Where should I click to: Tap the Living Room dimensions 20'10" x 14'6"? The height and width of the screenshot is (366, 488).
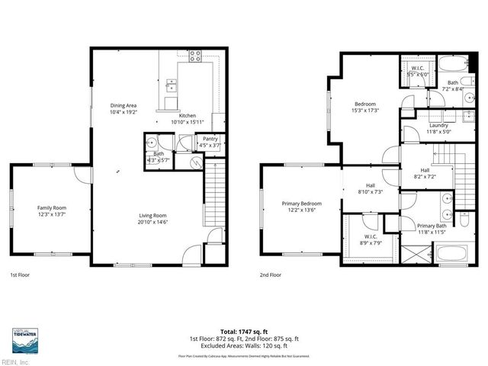(x=152, y=223)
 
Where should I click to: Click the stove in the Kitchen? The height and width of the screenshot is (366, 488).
(x=194, y=55)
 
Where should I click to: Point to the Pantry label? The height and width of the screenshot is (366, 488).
(x=210, y=138)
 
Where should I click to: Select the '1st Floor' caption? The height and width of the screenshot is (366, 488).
(x=20, y=274)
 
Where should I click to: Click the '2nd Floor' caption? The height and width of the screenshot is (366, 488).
(x=270, y=274)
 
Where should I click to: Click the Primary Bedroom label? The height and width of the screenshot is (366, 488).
(x=301, y=204)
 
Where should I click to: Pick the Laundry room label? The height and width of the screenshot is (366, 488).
(x=438, y=125)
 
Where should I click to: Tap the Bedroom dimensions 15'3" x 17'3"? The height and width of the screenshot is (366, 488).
(x=367, y=111)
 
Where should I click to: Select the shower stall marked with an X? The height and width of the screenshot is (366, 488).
(x=409, y=254)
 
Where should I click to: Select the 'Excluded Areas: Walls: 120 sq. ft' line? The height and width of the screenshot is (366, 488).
(x=243, y=345)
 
